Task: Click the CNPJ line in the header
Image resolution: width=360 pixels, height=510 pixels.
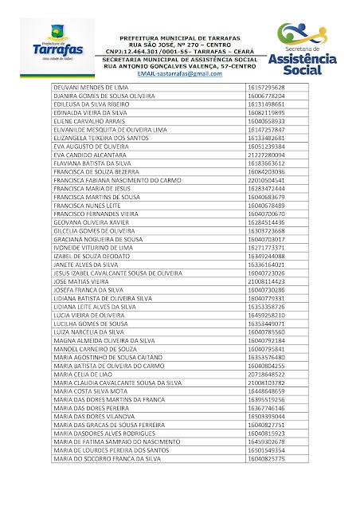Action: pyautogui.click(x=182, y=51)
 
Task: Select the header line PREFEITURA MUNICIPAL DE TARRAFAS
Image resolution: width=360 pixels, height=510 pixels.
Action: pyautogui.click(x=182, y=37)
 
